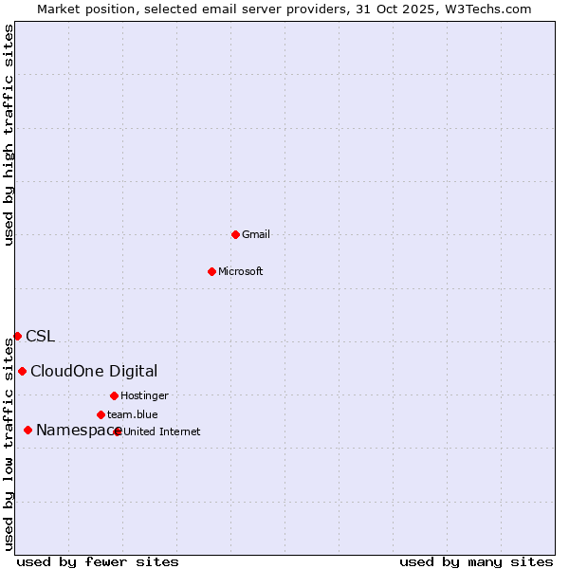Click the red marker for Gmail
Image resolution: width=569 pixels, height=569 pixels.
pyautogui.click(x=235, y=234)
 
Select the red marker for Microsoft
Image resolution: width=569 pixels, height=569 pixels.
pyautogui.click(x=211, y=271)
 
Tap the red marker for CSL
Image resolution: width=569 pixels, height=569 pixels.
pyautogui.click(x=17, y=336)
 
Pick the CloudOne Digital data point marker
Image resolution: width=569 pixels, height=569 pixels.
pyautogui.click(x=22, y=371)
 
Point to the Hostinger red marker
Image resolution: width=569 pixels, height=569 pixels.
pyautogui.click(x=114, y=395)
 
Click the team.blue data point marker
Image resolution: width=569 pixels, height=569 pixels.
pyautogui.click(x=101, y=414)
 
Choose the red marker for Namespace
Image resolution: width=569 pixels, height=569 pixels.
pyautogui.click(x=28, y=431)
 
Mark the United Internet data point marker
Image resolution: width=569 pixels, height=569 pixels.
pyautogui.click(x=118, y=431)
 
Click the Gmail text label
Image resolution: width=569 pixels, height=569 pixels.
pyautogui.click(x=256, y=234)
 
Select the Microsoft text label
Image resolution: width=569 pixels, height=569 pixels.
pyautogui.click(x=241, y=271)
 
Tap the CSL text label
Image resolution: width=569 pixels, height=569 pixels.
pyautogui.click(x=41, y=336)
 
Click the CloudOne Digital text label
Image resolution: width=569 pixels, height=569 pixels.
pyautogui.click(x=94, y=371)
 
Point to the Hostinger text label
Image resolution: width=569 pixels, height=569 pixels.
pyautogui.click(x=144, y=395)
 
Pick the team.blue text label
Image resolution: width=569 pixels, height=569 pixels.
pyautogui.click(x=132, y=414)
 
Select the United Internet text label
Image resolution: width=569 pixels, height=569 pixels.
pyautogui.click(x=162, y=431)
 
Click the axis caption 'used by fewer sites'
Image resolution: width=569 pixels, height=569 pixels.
pyautogui.click(x=98, y=561)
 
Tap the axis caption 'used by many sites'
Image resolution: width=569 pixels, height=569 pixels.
pyautogui.click(x=476, y=561)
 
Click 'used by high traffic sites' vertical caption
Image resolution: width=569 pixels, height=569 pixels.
pyautogui.click(x=9, y=135)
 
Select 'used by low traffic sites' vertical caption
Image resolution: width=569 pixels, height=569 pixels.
pyautogui.click(x=9, y=441)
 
